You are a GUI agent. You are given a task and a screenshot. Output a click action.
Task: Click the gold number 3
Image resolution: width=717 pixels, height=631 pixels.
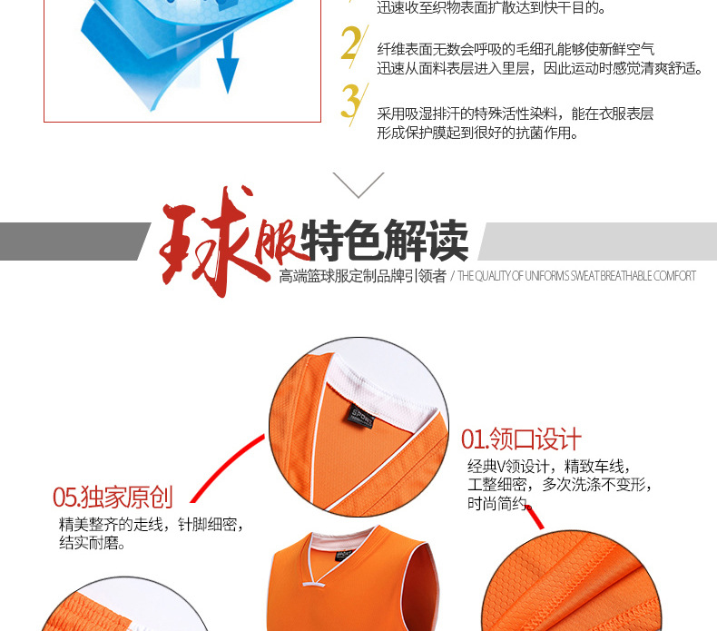(x=350, y=102)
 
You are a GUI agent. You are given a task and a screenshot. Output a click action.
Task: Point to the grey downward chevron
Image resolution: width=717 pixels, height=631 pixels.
(x=358, y=184)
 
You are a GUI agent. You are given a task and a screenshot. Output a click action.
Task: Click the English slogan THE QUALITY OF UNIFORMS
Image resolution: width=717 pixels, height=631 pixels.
(x=576, y=276)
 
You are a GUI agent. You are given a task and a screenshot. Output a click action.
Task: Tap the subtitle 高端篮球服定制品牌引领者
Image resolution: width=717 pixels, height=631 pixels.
(x=363, y=276)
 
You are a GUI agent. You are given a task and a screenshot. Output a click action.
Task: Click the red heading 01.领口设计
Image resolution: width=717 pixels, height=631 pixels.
(x=522, y=440)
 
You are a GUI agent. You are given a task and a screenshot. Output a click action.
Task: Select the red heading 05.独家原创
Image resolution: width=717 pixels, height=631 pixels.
(x=113, y=497)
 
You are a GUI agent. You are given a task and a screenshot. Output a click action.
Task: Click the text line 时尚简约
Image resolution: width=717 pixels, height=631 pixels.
(x=497, y=503)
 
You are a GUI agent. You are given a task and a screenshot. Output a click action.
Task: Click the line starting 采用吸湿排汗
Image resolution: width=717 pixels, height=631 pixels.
(x=515, y=114)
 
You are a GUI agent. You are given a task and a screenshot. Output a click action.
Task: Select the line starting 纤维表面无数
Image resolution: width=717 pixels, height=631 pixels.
(x=516, y=49)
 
